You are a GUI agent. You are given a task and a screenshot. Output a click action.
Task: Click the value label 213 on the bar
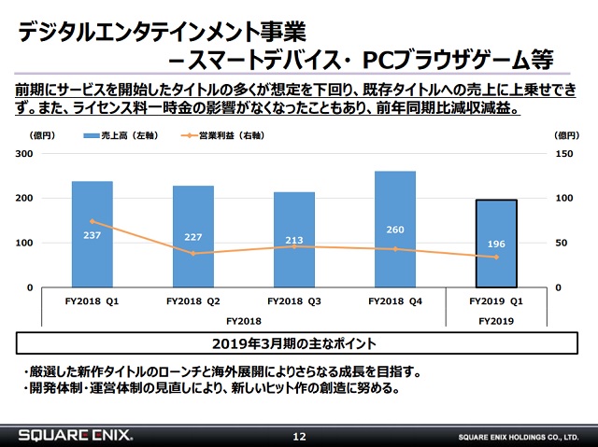point(294,241)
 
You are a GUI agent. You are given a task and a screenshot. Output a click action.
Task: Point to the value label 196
point(496,244)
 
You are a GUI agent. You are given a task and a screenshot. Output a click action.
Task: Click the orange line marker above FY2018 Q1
point(92,221)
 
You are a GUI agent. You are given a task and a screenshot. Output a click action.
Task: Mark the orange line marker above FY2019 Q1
point(496,258)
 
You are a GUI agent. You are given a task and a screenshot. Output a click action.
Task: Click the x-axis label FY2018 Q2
point(193,301)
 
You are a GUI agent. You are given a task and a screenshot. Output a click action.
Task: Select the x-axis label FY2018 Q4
point(395,301)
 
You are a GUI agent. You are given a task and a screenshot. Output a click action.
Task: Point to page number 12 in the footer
point(299,436)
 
